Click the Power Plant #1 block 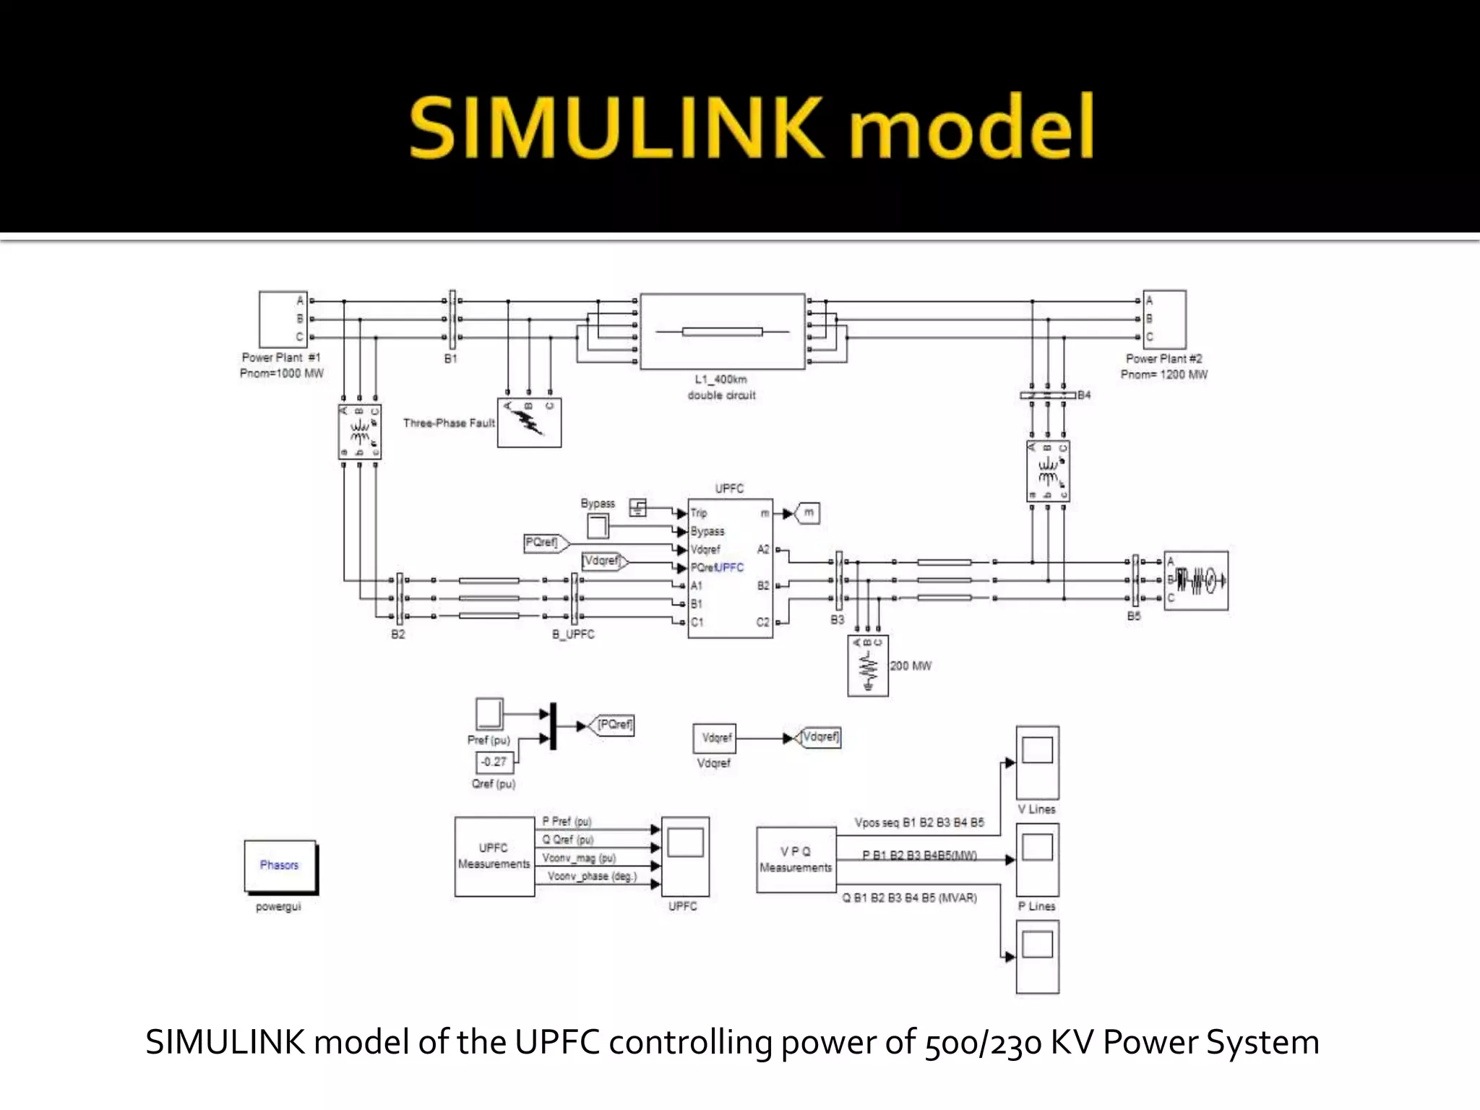[283, 319]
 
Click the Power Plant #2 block [1164, 319]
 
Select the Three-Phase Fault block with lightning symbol [529, 423]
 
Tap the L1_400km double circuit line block [722, 332]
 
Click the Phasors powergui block [280, 866]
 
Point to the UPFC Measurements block [494, 856]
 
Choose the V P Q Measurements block [796, 859]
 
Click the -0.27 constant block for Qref [494, 762]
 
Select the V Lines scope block [1037, 762]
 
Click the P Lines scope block [1037, 859]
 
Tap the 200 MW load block [868, 666]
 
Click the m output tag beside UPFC [807, 513]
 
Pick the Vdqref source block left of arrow [715, 738]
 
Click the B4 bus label [1084, 395]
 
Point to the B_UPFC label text [573, 634]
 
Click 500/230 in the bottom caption [983, 1043]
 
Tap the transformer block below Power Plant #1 [359, 431]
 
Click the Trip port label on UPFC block [699, 513]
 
